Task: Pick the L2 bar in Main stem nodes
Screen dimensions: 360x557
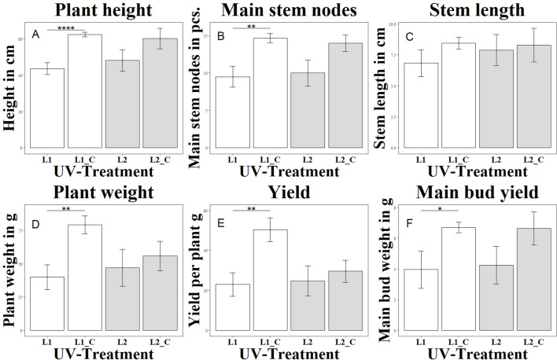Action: [x=314, y=110]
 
